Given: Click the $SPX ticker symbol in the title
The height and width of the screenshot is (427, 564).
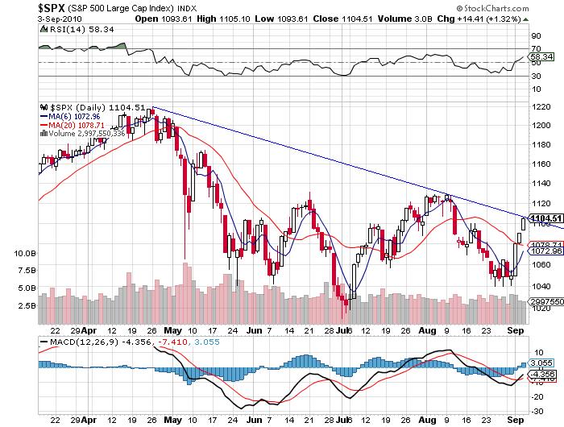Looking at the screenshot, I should click(22, 7).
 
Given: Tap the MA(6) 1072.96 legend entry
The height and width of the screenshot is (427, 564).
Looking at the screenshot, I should click(84, 117).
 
